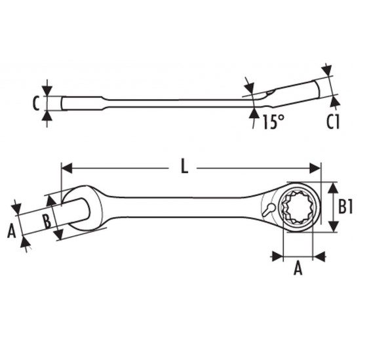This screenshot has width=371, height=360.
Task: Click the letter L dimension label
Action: [184, 166]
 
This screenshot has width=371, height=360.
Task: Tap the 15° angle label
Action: [273, 122]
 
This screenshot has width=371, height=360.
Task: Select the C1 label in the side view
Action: [333, 121]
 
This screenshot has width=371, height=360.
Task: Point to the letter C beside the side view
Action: [36, 103]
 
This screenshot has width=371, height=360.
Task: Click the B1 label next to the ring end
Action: [345, 207]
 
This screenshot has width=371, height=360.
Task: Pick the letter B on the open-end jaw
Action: [47, 221]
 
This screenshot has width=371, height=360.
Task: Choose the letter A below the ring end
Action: [298, 268]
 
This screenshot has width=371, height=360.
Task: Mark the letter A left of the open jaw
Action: [12, 231]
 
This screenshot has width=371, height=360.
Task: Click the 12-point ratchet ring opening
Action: [298, 207]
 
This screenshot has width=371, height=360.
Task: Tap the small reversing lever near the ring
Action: [269, 209]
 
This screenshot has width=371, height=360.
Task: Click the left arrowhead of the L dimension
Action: [66, 169]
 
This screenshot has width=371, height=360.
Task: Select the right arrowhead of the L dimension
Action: [315, 169]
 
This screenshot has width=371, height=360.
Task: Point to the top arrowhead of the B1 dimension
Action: [334, 188]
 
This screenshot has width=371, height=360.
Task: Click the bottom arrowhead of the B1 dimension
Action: [334, 226]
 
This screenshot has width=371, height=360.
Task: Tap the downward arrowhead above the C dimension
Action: [47, 91]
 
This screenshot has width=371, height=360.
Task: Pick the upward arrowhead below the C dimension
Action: [47, 116]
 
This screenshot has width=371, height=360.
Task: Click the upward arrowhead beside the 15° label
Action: [254, 113]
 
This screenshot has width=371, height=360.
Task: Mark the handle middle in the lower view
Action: [180, 207]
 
